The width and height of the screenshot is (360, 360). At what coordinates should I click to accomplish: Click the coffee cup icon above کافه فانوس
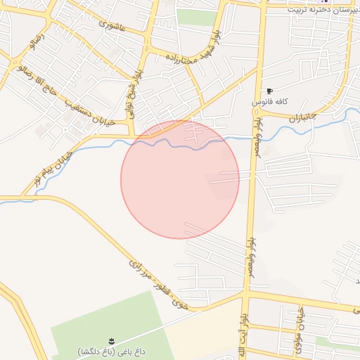coord(269,91)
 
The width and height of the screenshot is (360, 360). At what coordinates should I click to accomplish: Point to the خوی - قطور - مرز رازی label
coord(160,285)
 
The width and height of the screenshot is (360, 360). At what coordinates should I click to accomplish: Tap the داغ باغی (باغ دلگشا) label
coord(109,350)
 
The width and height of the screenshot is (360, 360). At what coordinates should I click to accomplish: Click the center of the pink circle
coord(180,180)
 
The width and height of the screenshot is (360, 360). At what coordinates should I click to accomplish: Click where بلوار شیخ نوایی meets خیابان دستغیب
coord(131,134)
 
